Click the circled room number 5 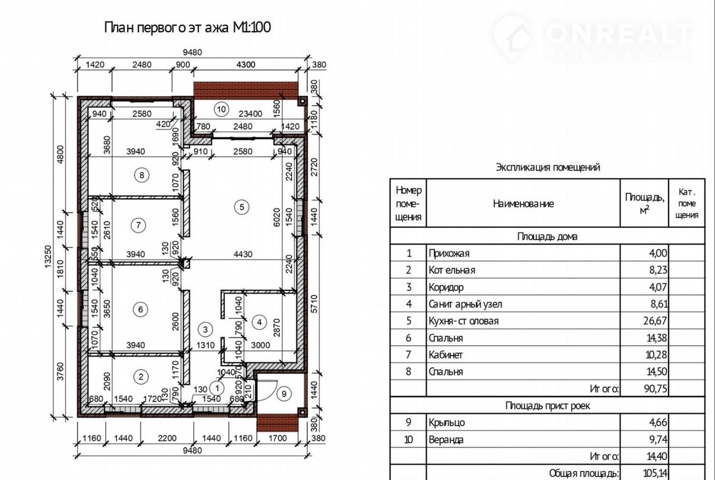coord(242,207)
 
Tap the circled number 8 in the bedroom coord(142,175)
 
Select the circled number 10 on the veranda coord(221,109)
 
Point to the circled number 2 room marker coord(141,377)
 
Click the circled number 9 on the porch coord(284,394)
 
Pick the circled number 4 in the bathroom coord(259,322)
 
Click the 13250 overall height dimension coord(48,256)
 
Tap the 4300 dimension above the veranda coord(246,64)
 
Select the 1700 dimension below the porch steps coord(278,438)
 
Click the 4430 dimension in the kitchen coord(243,254)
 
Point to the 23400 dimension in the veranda coord(250,113)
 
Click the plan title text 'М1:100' coord(252,27)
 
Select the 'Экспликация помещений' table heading coord(548,167)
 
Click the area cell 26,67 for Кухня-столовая coord(655,321)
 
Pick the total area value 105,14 coord(656,473)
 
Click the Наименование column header coord(523,204)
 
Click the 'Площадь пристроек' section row coord(548,406)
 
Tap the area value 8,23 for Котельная coord(658,270)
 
